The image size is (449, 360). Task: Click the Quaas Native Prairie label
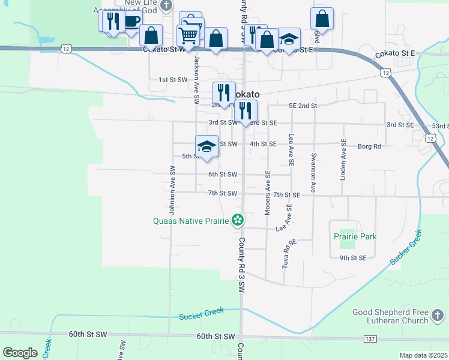click(191, 221)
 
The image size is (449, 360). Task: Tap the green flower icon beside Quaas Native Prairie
click(238, 221)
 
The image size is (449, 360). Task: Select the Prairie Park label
click(355, 236)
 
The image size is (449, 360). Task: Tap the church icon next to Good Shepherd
click(440, 314)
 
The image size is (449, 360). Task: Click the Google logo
click(20, 353)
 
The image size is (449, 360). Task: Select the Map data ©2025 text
click(423, 355)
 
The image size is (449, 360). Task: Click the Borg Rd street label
click(370, 146)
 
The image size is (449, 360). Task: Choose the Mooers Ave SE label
click(268, 192)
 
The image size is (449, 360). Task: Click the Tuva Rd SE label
click(287, 253)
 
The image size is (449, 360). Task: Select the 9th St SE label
click(352, 258)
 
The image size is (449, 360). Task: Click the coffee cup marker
click(131, 23)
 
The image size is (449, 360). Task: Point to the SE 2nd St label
click(302, 106)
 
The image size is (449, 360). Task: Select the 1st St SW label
click(173, 79)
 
